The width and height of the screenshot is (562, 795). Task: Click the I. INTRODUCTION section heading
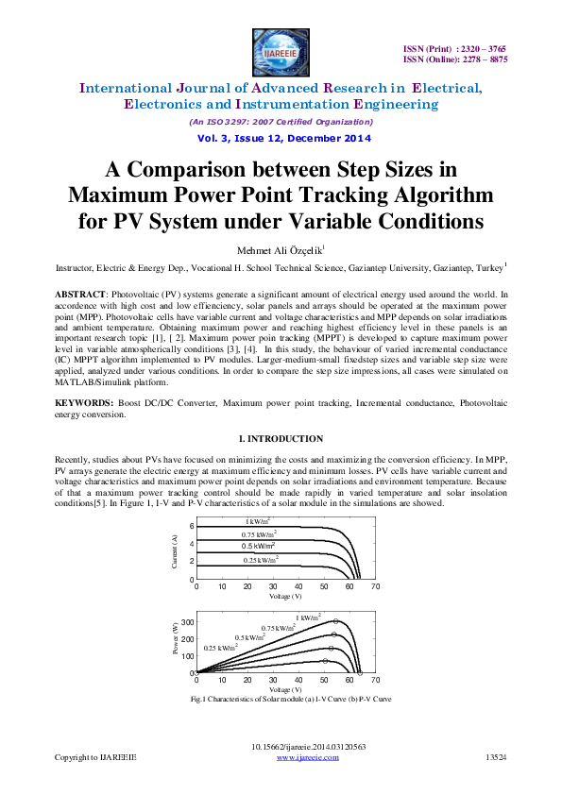(x=281, y=438)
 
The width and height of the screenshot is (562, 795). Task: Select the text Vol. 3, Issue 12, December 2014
(x=281, y=138)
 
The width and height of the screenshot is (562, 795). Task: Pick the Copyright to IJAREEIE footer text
(x=95, y=757)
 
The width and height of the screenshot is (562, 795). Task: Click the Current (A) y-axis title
(x=176, y=550)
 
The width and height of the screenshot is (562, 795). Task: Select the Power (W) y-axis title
(x=176, y=642)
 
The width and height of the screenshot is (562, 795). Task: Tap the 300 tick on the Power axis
(x=187, y=622)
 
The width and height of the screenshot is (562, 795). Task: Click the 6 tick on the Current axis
(x=191, y=526)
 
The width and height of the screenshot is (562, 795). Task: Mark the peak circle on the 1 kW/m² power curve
(x=335, y=621)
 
